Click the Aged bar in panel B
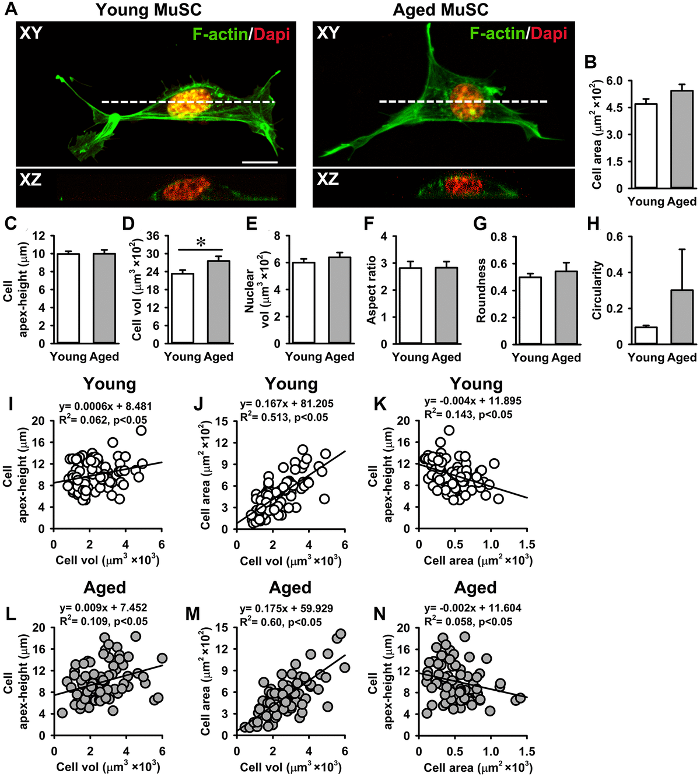pyautogui.click(x=682, y=139)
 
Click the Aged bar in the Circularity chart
pyautogui.click(x=682, y=317)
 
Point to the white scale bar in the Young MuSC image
pyautogui.click(x=260, y=162)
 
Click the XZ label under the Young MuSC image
pyautogui.click(x=30, y=180)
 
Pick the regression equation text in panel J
pyautogui.click(x=286, y=403)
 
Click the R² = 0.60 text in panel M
pyautogui.click(x=281, y=623)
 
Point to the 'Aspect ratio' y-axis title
pyautogui.click(x=371, y=290)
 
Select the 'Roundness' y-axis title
pyautogui.click(x=481, y=291)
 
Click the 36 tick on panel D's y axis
pyautogui.click(x=152, y=236)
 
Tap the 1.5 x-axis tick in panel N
pyautogui.click(x=526, y=751)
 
